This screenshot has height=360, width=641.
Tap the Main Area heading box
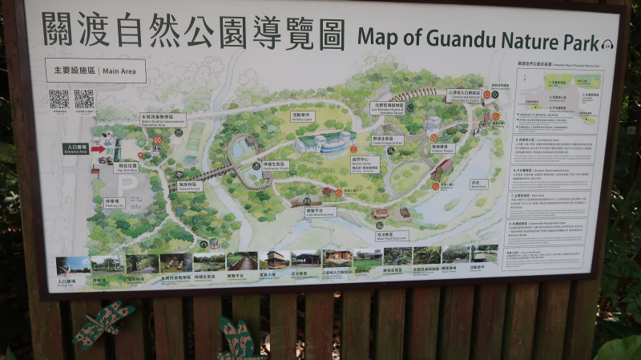click(x=95, y=71)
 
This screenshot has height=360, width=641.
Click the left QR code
click(x=58, y=99)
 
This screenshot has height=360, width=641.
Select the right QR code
click(x=83, y=99)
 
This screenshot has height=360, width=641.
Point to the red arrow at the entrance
click(x=98, y=148)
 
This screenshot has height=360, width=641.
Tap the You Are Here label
click(x=125, y=168)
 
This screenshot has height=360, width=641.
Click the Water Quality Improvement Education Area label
click(x=163, y=120)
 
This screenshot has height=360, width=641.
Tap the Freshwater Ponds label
click(x=275, y=166)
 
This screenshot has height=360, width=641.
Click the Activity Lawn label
click(x=302, y=116)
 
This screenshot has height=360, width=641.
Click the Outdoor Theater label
click(x=442, y=148)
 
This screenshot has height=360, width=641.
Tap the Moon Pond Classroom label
click(x=390, y=236)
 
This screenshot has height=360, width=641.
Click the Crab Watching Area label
click(x=320, y=212)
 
